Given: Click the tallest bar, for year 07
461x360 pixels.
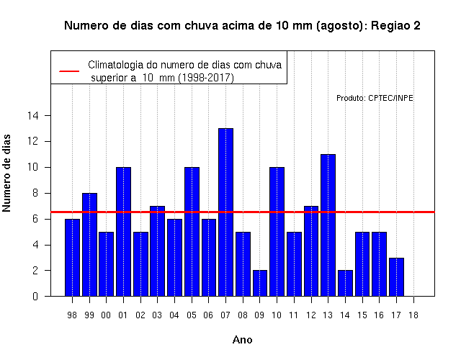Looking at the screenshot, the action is [x=225, y=212].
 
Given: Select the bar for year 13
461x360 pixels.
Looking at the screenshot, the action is [x=328, y=225].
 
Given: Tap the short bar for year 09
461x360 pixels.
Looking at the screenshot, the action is [x=260, y=283].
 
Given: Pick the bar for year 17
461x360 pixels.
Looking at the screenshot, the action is [x=396, y=276].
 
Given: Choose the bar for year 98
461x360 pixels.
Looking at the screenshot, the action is [x=72, y=258].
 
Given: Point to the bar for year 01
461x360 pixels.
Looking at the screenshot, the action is [x=123, y=232].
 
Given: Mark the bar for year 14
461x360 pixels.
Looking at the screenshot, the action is [x=345, y=283].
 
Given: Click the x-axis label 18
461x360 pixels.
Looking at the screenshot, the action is [x=413, y=315].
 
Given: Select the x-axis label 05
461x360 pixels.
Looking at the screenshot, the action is [x=192, y=315].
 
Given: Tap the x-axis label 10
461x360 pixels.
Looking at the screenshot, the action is [x=277, y=315].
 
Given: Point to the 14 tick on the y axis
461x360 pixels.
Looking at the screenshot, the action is [x=33, y=115].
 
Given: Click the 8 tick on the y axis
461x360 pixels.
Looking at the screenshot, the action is [x=35, y=193].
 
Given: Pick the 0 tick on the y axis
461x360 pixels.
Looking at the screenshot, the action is [x=35, y=296].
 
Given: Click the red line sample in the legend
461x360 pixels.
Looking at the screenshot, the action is [x=69, y=71].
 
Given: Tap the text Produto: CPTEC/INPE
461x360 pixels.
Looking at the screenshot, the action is [x=375, y=98].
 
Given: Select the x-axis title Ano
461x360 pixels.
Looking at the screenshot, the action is [x=243, y=340].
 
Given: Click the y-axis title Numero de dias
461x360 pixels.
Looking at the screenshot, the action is [x=6, y=174].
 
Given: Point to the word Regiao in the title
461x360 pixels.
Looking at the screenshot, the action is [x=390, y=26].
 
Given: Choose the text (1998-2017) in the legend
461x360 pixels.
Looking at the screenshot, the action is [x=207, y=78].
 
